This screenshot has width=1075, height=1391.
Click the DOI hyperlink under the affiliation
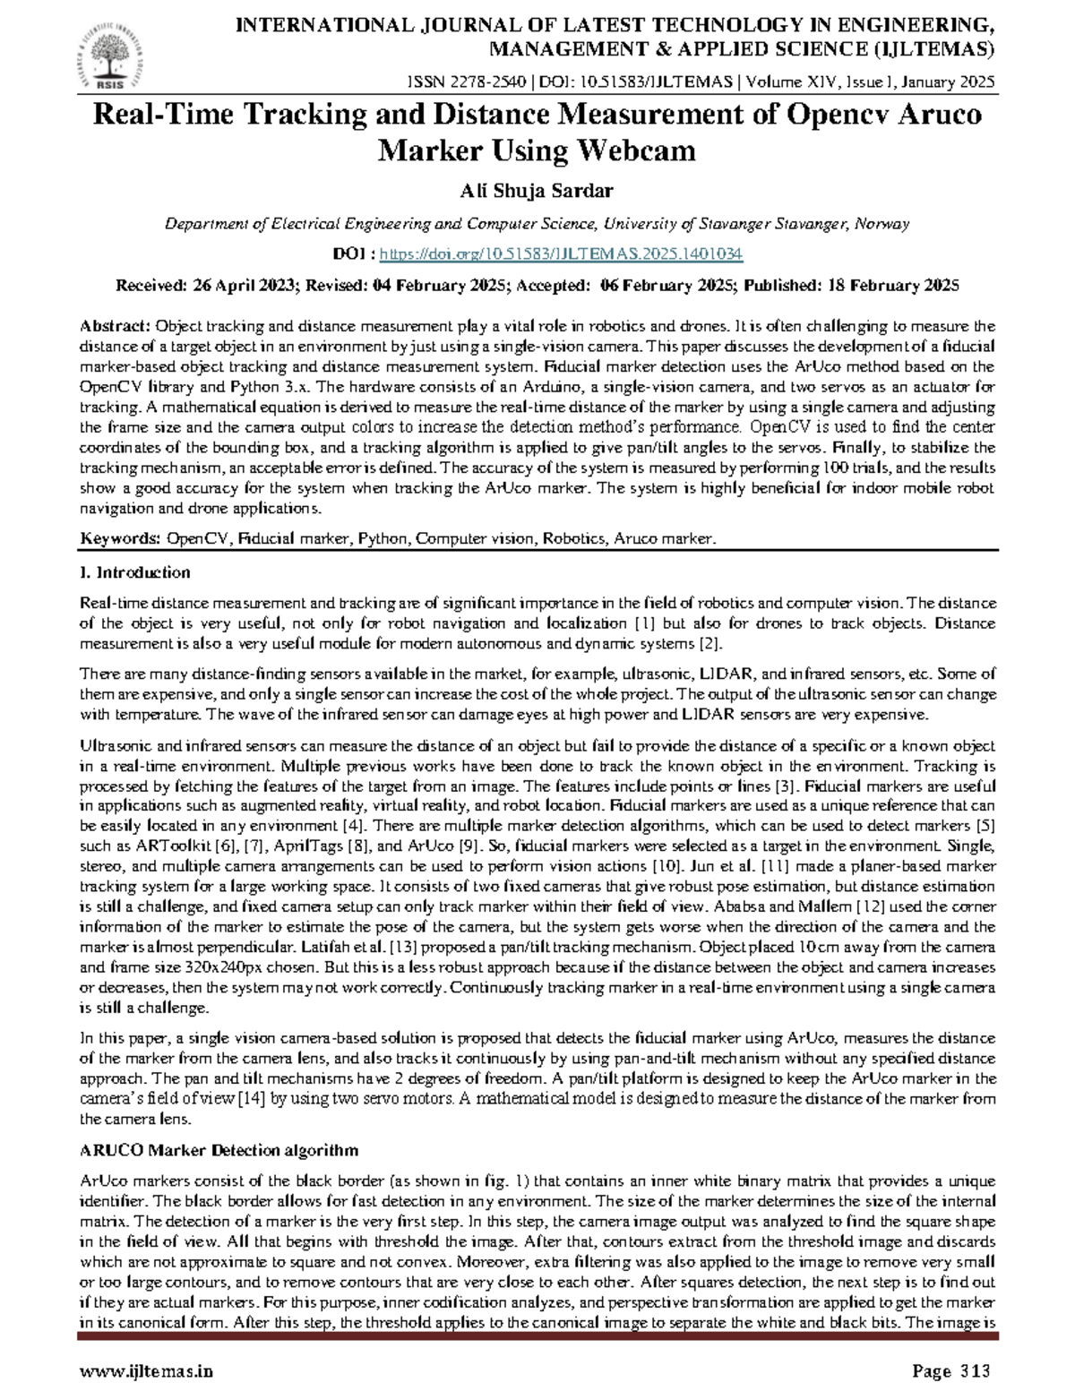point(561,254)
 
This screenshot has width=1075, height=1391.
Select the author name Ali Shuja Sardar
point(537,190)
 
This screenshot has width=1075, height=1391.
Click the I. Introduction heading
point(135,571)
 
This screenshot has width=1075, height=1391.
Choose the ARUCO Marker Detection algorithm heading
point(219,1150)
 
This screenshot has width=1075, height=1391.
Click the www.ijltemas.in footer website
point(147,1370)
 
